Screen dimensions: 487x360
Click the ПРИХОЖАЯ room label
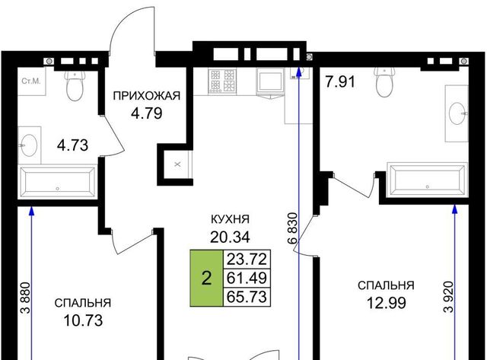pos(147,96)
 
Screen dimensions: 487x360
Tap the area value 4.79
pos(147,113)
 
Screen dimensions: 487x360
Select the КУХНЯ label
pos(230,219)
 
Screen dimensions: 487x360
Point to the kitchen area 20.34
pos(230,237)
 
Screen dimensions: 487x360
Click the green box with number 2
pos(206,278)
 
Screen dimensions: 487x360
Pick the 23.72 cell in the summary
pos(247,259)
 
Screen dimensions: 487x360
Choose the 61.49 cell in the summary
pos(247,278)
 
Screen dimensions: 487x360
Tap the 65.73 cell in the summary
pos(247,297)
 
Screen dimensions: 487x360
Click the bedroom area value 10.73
pos(83,320)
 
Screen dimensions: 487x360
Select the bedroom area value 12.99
pos(386,303)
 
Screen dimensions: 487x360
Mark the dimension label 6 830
pos(292,228)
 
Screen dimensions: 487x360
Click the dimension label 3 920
pos(449,297)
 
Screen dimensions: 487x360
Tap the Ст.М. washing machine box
pos(31,81)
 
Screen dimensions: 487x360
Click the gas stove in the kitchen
pos(223,81)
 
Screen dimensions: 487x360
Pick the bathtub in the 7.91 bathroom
pos(428,180)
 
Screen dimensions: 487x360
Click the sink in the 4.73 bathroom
pos(29,145)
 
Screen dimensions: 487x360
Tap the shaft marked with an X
pos(177,164)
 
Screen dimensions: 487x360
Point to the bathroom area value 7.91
pos(340,82)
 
